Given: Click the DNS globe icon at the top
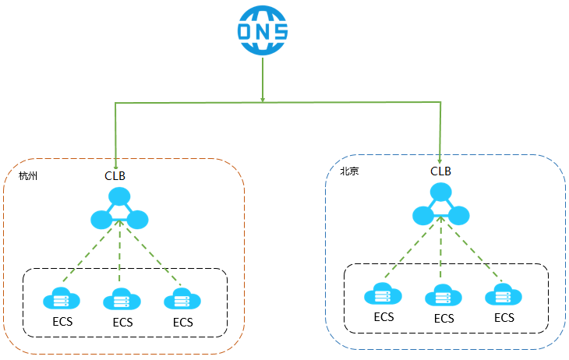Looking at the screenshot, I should point(263,31).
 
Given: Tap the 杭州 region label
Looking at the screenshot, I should point(29,176).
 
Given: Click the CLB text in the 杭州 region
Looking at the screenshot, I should point(115,175).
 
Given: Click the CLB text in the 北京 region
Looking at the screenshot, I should point(440,171).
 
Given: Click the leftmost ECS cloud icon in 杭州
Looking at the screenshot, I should point(60,299).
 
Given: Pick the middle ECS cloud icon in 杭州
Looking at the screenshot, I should point(121,299).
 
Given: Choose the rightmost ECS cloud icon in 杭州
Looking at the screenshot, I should point(182,299).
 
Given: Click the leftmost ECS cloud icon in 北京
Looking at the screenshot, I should point(382,295).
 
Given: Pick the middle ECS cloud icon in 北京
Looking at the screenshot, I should point(443,296).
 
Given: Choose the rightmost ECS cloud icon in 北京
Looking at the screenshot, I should point(504,295).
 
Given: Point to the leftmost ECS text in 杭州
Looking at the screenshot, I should point(62,322).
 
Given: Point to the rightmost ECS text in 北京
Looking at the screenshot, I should point(504,317).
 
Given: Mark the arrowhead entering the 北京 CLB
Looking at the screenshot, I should point(440,159).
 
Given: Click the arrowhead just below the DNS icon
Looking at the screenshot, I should point(263,99).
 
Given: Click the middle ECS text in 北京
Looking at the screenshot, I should point(444,318).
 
